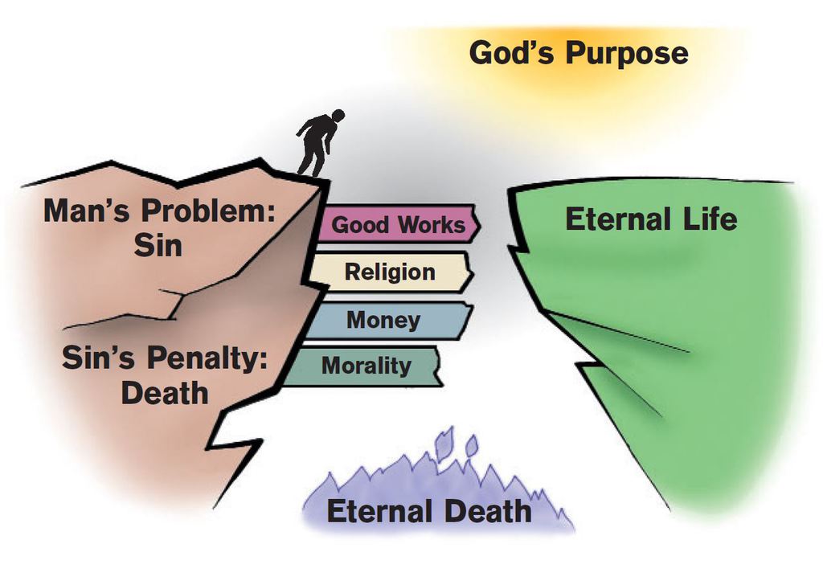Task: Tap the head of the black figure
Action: click(338, 116)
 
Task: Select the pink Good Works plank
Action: click(399, 224)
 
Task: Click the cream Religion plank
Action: click(389, 272)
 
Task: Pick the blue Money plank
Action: click(384, 320)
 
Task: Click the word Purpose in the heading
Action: click(626, 54)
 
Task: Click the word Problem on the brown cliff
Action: click(211, 211)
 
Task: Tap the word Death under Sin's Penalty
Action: click(165, 393)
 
